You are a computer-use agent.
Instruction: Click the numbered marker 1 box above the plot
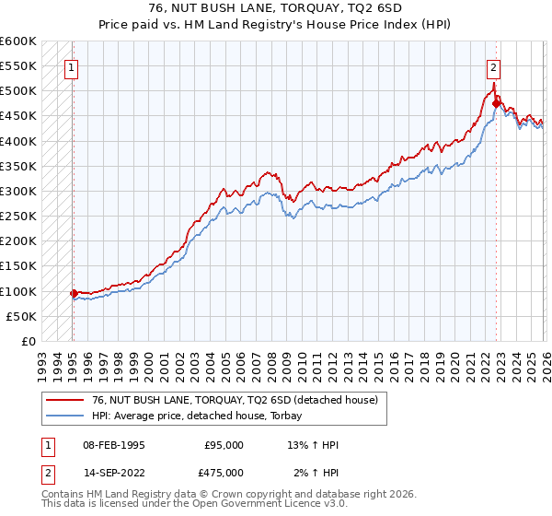pyautogui.click(x=71, y=66)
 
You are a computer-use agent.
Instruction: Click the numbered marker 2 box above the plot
pyautogui.click(x=494, y=66)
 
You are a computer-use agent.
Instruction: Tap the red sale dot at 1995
pyautogui.click(x=74, y=293)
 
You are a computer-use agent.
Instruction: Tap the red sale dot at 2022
pyautogui.click(x=496, y=104)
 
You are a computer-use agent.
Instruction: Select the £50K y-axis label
pyautogui.click(x=21, y=316)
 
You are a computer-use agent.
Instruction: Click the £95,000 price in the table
pyautogui.click(x=224, y=445)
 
